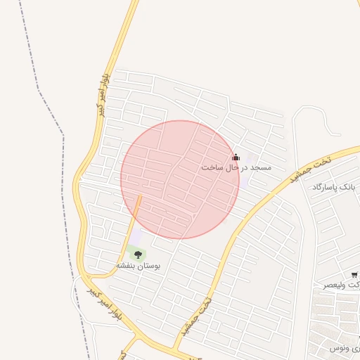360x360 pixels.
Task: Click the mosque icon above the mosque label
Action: pyautogui.click(x=236, y=157)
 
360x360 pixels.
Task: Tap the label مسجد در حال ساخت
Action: pyautogui.click(x=236, y=168)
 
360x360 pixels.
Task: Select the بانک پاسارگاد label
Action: pyautogui.click(x=335, y=187)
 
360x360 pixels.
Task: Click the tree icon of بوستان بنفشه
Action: pyautogui.click(x=138, y=255)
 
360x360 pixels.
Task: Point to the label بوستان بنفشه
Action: pyautogui.click(x=138, y=267)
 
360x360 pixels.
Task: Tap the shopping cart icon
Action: pyautogui.click(x=354, y=274)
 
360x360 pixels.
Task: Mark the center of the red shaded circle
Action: pyautogui.click(x=180, y=179)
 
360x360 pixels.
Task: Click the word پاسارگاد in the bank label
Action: pyautogui.click(x=328, y=187)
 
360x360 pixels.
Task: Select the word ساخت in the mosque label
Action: pyautogui.click(x=212, y=168)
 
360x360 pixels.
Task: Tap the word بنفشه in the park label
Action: pyautogui.click(x=126, y=267)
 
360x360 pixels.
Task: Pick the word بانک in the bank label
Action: pyautogui.click(x=351, y=187)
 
